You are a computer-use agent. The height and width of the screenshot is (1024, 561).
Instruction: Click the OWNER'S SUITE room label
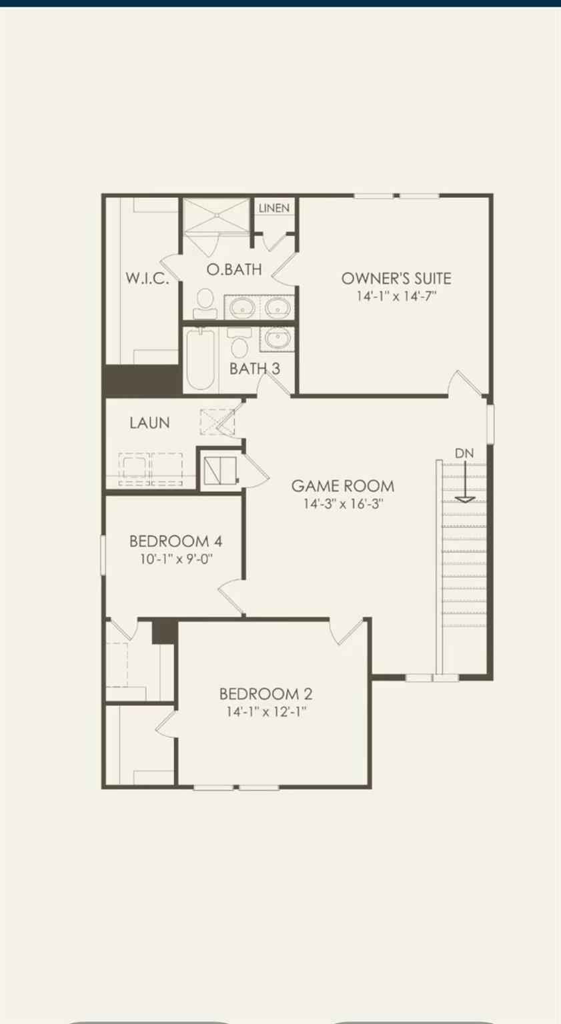point(396,279)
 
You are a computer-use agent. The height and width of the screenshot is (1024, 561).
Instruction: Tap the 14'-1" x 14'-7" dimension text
point(396,296)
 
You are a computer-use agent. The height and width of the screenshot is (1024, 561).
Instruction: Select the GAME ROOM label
point(343,486)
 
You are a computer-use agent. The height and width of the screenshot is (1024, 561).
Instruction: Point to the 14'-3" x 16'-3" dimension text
point(343,504)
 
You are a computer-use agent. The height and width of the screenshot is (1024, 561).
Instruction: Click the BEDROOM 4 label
point(175,541)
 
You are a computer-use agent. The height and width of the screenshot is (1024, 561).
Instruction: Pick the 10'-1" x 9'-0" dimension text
point(175,559)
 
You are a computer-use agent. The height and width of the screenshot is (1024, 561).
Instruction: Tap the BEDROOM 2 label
point(265,694)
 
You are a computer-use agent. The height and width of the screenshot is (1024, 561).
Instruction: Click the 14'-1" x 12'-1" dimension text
point(265,712)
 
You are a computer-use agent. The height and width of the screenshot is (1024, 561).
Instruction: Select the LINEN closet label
point(274,208)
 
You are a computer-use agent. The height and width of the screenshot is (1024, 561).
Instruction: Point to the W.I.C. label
point(147,279)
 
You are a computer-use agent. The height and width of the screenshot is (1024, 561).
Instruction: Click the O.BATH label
point(233,270)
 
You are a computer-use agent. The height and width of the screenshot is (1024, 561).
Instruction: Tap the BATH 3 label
point(255,369)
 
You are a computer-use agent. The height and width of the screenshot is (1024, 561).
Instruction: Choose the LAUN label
point(149,423)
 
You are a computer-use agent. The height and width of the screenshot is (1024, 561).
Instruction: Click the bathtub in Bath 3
point(199,360)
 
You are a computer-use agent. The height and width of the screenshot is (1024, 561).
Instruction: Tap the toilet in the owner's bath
point(205,303)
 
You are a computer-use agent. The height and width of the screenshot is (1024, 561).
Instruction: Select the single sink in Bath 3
point(277,339)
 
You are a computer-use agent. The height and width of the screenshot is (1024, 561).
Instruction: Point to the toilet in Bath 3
point(238,342)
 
